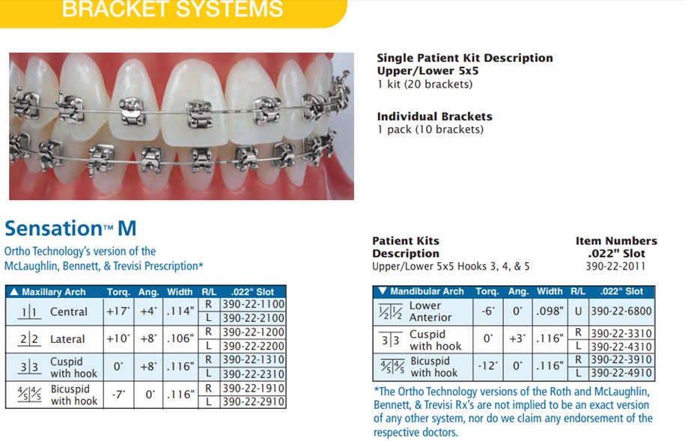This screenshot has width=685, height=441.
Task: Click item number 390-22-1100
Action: pos(253,304)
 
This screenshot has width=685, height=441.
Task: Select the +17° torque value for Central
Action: pos(118,311)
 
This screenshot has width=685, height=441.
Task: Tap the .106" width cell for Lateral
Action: pos(180,338)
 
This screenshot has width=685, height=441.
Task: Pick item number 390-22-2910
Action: pos(253,401)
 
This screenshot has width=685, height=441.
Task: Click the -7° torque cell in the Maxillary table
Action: pos(118,395)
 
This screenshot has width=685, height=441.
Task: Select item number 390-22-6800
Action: pos(621,311)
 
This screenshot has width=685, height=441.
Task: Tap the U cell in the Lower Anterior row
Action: pos(578,311)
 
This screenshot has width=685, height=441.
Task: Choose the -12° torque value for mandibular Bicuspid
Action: pos(487,366)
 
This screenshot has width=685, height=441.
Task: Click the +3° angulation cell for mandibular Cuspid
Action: pos(517,338)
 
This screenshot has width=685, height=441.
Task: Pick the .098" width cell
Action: pos(549,311)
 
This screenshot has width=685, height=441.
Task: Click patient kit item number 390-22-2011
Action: pos(615,267)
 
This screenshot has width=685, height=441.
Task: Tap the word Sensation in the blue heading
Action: pos(53,228)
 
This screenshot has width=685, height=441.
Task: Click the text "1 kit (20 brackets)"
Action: pos(424,85)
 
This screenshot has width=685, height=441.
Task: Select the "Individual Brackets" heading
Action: pos(434,117)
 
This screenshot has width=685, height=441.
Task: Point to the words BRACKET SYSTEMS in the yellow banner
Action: pos(173,9)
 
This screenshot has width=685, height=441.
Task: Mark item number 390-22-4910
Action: pos(621,374)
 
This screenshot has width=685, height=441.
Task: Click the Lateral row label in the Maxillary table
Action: pos(67,339)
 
